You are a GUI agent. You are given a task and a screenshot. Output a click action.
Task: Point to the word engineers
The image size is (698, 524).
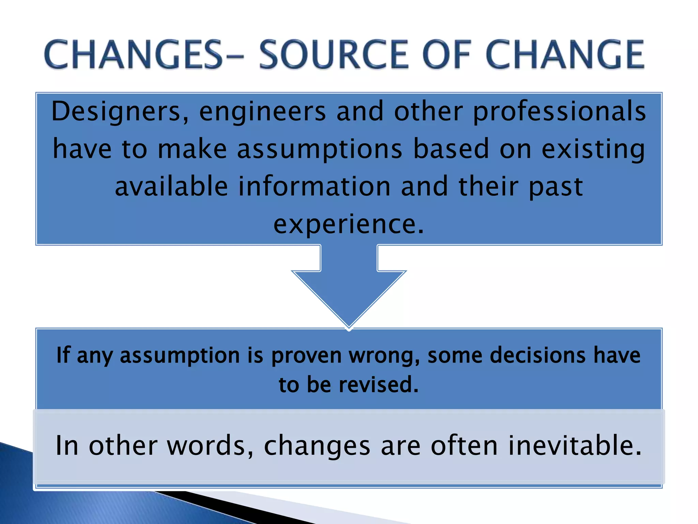(262, 112)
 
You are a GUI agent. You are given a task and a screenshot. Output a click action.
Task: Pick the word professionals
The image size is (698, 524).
(559, 112)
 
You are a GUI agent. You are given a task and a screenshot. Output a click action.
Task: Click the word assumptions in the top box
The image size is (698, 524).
(320, 149)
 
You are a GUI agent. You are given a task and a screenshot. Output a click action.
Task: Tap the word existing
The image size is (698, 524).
(593, 149)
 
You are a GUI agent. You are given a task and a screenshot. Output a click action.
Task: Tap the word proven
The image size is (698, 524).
(306, 355)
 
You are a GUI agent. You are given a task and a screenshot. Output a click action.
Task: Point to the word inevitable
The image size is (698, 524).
(575, 446)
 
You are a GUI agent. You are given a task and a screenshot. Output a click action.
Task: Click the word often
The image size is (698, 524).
(464, 446)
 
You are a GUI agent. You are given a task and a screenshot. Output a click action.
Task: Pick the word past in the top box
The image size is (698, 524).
(556, 187)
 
